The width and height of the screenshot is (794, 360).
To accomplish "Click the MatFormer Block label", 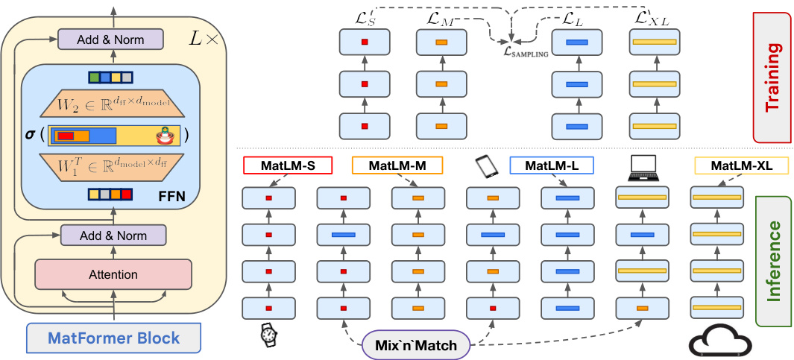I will (x=114, y=338).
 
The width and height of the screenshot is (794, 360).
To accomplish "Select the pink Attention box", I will (x=113, y=274).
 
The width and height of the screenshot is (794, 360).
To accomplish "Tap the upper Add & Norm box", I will (x=110, y=40).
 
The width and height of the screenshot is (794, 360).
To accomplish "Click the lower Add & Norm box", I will (x=113, y=236).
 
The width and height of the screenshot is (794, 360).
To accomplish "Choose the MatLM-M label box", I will (x=397, y=165).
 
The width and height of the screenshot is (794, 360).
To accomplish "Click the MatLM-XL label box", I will (x=741, y=165).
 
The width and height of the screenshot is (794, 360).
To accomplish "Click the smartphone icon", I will (x=486, y=165).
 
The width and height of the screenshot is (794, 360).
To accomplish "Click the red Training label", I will (x=772, y=77).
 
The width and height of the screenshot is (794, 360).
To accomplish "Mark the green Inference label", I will (x=774, y=261).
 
